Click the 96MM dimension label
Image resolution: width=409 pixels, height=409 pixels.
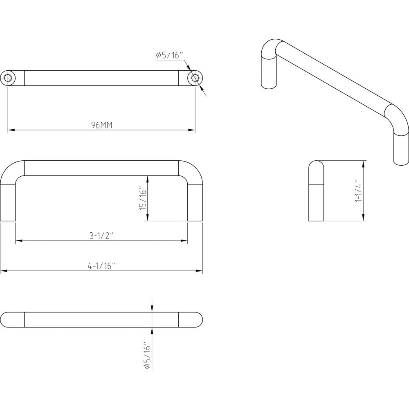tap(102, 125)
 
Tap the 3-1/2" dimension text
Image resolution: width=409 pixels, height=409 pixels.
tap(102, 236)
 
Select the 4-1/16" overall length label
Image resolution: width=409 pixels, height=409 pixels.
tap(101, 266)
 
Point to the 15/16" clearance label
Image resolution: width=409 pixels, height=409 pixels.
tap(144, 198)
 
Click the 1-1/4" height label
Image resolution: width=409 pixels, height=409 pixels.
tap(359, 191)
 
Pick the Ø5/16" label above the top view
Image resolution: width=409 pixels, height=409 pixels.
tap(170, 56)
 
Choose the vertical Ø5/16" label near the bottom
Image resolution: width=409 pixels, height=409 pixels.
tap(147, 355)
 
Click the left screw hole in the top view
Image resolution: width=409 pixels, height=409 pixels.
tap(8, 78)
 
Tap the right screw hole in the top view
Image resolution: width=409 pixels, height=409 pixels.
tap(195, 78)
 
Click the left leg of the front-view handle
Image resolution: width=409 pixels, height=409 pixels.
tap(8, 203)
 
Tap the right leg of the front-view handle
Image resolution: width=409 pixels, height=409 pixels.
tap(195, 203)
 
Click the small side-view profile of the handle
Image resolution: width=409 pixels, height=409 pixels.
tap(316, 191)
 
